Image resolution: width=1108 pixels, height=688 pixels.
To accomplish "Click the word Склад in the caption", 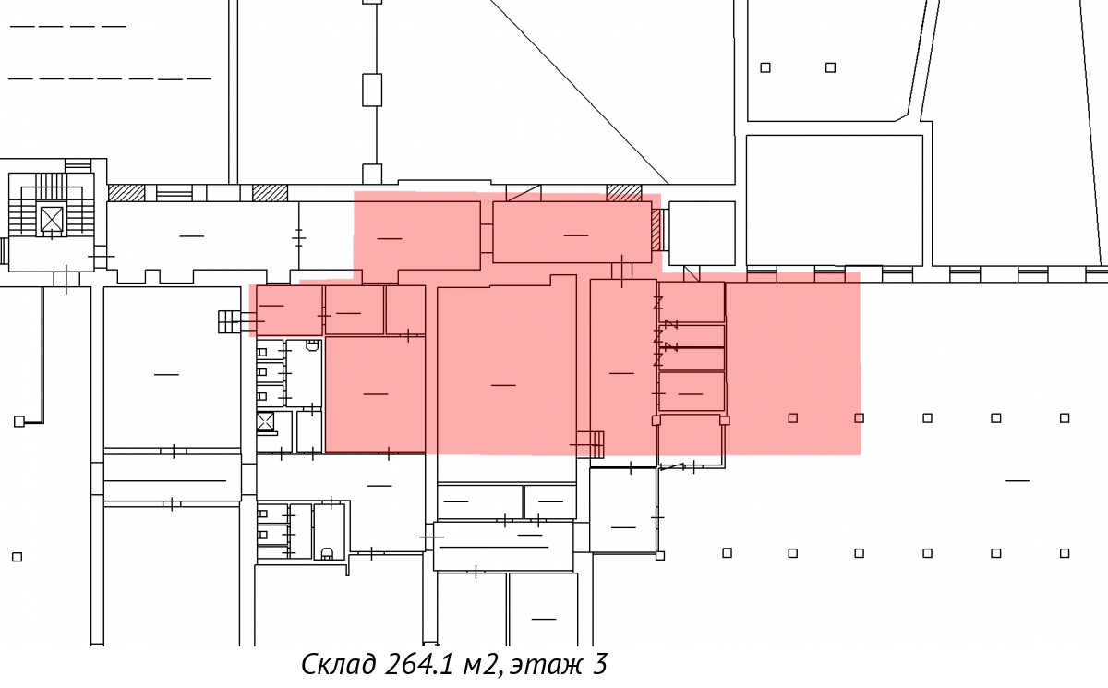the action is [x=338, y=664].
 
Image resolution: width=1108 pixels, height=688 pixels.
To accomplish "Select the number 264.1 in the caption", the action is [x=418, y=664].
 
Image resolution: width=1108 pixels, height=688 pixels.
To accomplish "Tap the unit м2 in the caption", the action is [x=479, y=665].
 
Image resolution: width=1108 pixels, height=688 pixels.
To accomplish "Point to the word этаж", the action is [x=546, y=665].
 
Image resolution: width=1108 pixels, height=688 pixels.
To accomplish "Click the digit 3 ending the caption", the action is [x=599, y=664].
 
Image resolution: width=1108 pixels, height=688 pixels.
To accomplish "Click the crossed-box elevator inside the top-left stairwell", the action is [x=52, y=219].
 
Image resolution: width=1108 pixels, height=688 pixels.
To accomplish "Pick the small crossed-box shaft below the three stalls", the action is [x=265, y=422].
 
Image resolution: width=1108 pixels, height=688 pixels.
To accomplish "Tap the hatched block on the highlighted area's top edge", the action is [x=624, y=193].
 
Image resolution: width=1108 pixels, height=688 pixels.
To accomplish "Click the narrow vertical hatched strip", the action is [x=656, y=230].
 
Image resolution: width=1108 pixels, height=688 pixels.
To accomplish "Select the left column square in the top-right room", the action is [x=765, y=67].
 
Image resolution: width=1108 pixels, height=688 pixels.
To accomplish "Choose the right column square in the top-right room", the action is [x=830, y=67].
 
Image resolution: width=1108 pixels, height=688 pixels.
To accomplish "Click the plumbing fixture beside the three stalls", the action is [x=312, y=345].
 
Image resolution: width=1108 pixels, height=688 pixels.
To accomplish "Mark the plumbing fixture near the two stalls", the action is [x=327, y=553].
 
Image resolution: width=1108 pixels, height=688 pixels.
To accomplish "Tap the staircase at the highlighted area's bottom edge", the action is [x=592, y=444].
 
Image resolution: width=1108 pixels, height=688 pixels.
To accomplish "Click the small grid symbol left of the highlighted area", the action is [x=229, y=321].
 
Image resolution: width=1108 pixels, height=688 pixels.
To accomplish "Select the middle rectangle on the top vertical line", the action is [x=372, y=90].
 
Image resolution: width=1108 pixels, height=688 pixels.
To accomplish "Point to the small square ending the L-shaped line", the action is [x=18, y=421].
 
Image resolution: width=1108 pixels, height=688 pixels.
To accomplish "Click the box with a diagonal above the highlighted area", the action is [x=524, y=193].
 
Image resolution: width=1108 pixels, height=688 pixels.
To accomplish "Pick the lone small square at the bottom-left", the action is [x=17, y=557].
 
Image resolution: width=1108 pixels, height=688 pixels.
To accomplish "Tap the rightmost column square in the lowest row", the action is [x=1065, y=553].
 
